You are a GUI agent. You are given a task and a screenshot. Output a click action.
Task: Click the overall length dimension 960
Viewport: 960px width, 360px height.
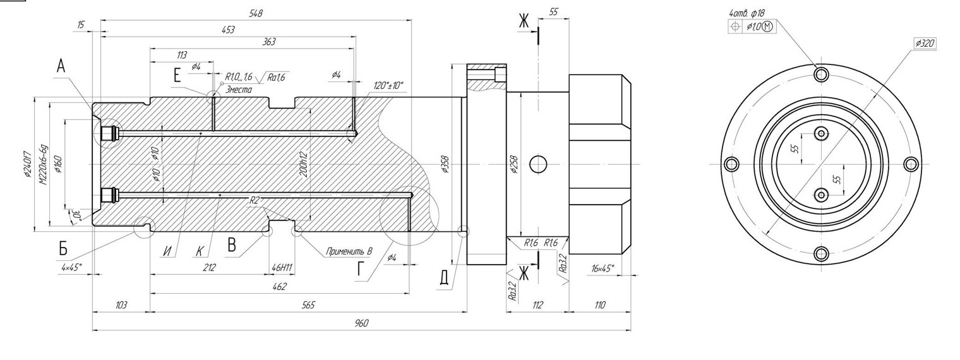click(361, 323)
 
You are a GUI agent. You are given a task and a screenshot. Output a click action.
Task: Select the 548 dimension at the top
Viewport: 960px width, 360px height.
click(256, 13)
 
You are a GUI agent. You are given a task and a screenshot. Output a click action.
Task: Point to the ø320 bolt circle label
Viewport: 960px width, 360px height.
click(924, 44)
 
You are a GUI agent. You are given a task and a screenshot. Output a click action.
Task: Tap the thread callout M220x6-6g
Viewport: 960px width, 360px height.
click(43, 164)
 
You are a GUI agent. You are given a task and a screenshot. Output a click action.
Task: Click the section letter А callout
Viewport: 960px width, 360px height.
click(61, 65)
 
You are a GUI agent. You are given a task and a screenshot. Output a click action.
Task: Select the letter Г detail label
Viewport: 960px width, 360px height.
click(361, 270)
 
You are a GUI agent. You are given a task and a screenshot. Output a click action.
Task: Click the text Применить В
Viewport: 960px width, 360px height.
click(349, 251)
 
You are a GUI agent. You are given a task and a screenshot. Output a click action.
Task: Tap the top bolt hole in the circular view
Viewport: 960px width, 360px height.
click(821, 75)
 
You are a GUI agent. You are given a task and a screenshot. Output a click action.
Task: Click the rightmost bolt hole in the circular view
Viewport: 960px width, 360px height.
click(910, 164)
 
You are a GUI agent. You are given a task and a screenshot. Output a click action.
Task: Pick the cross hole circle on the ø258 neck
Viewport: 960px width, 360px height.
click(538, 164)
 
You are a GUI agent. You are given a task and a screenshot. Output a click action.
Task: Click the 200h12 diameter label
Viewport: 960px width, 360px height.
click(304, 163)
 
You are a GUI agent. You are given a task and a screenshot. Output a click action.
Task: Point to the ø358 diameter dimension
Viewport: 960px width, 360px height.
click(445, 164)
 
